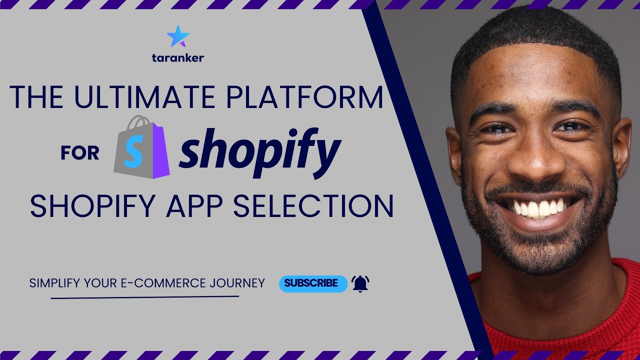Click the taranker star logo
coord(178,36)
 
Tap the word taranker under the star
coord(177,58)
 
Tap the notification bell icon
coord(360,283)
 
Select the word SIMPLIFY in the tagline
coord(55,283)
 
